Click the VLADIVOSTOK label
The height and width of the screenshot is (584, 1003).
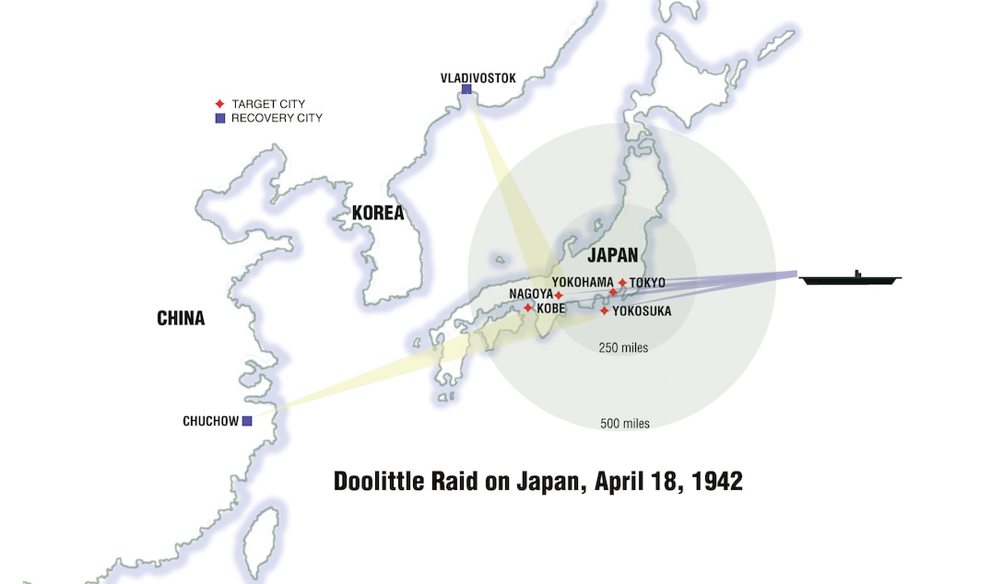(478, 77)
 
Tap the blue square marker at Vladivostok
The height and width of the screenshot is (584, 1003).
(466, 89)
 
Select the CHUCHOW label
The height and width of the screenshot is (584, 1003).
(210, 422)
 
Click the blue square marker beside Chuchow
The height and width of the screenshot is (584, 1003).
(247, 421)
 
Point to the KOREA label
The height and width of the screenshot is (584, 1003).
(378, 213)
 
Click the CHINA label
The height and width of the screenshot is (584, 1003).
(181, 320)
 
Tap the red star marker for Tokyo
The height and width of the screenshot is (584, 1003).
(622, 283)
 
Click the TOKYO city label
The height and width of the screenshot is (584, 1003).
(647, 283)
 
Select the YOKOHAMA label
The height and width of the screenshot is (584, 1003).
(583, 282)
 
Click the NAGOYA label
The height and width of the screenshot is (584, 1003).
(530, 295)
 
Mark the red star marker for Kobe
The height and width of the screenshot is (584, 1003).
(528, 308)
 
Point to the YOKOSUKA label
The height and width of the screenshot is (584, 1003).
(642, 311)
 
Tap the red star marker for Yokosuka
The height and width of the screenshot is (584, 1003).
(605, 310)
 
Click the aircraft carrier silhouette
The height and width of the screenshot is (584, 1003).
(850, 279)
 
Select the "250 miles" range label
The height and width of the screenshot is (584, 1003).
(623, 348)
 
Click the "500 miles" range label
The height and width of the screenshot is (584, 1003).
(624, 424)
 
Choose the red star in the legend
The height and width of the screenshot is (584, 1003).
(219, 104)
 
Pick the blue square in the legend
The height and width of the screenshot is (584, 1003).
(219, 118)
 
